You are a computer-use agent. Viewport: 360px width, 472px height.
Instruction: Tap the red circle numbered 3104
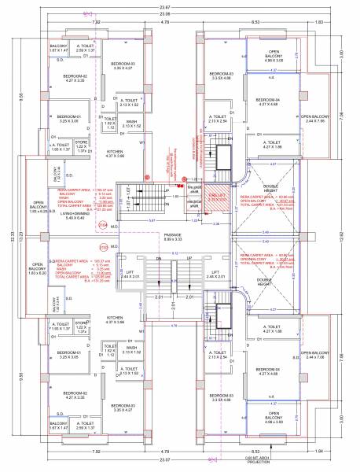[x=101, y=225]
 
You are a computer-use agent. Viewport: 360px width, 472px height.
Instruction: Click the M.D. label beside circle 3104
[x=114, y=227]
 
